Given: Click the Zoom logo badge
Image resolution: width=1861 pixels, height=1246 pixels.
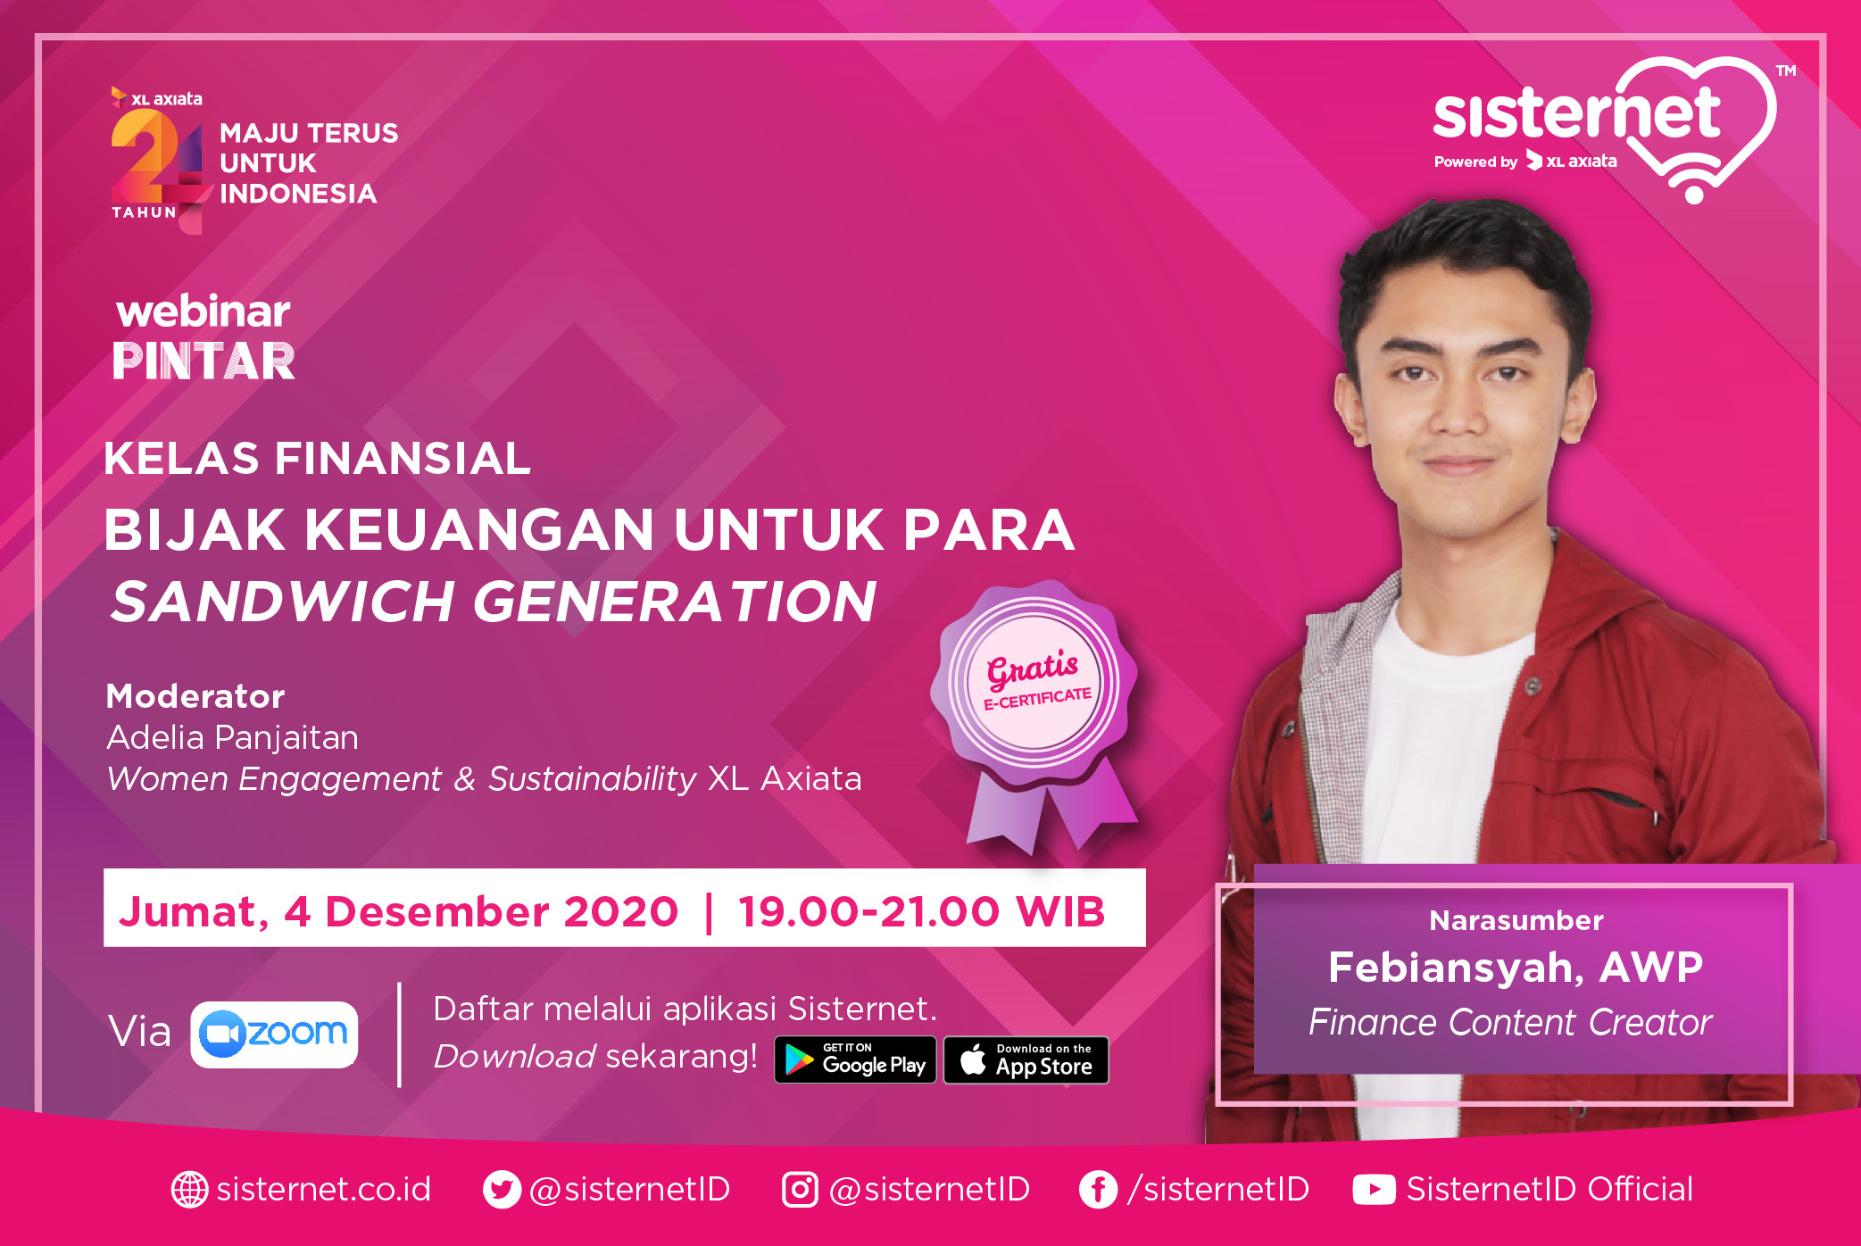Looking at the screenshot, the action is tap(274, 1034).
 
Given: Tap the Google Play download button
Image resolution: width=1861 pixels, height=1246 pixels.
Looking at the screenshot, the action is tap(855, 1059).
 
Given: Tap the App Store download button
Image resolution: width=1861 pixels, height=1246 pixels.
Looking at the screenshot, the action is tap(1026, 1059).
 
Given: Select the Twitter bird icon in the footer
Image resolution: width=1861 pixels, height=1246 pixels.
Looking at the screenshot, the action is tap(502, 1189).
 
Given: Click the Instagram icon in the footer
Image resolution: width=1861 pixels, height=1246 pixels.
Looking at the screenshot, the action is tap(800, 1189).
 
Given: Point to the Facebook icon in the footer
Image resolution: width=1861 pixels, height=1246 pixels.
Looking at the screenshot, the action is tap(1098, 1189).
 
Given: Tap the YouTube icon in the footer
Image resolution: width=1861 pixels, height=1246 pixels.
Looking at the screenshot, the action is tap(1374, 1189).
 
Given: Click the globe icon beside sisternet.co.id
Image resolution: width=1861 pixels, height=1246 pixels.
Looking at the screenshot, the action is tap(189, 1189).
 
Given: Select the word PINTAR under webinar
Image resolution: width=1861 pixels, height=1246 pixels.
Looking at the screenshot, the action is tap(204, 361).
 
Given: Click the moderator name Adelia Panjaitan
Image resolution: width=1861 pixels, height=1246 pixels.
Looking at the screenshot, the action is tap(232, 737).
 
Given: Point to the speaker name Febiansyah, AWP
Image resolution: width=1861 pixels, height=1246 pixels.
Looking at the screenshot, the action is tap(1516, 968).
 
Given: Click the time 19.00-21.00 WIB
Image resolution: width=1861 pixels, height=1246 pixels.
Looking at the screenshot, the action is tap(922, 911).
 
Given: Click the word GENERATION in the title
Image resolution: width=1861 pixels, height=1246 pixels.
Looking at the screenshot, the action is tap(675, 601).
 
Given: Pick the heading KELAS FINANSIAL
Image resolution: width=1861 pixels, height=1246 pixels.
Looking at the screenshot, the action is tap(317, 459).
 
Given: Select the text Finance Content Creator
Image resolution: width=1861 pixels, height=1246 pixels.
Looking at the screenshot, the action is tap(1510, 1022).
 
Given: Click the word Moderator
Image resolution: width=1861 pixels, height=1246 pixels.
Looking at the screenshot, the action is tap(195, 696).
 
